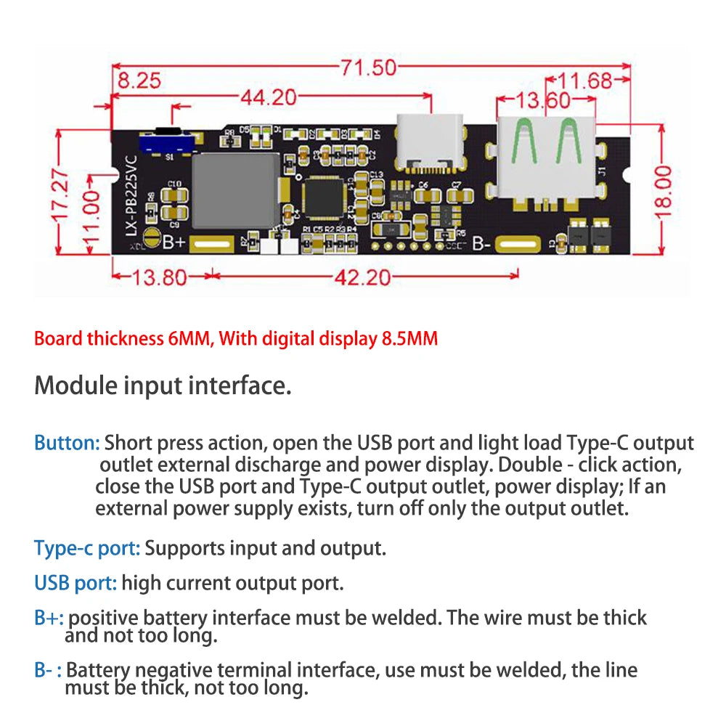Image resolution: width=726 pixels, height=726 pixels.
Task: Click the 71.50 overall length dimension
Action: point(369,69)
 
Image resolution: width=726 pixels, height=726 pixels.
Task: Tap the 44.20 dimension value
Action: point(268,97)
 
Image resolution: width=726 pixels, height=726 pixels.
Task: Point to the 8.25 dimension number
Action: point(139,81)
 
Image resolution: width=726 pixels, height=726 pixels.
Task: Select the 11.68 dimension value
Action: point(588,81)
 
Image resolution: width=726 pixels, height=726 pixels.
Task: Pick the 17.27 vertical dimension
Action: point(62,194)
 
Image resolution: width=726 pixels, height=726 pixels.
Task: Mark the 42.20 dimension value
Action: point(362,277)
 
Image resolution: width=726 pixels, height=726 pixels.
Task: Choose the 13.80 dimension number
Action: point(160,277)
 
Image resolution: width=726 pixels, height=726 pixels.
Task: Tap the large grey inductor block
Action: point(234,189)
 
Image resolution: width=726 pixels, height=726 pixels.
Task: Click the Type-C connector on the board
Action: point(429,142)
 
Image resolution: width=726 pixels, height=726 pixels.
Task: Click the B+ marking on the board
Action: point(174,242)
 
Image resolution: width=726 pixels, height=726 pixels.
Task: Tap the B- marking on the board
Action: point(482,244)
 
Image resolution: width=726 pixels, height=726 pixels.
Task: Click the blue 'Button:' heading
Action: point(67,443)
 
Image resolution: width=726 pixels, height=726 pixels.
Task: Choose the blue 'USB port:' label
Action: point(76,582)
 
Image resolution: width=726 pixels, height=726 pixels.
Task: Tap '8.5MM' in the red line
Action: point(410,338)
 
